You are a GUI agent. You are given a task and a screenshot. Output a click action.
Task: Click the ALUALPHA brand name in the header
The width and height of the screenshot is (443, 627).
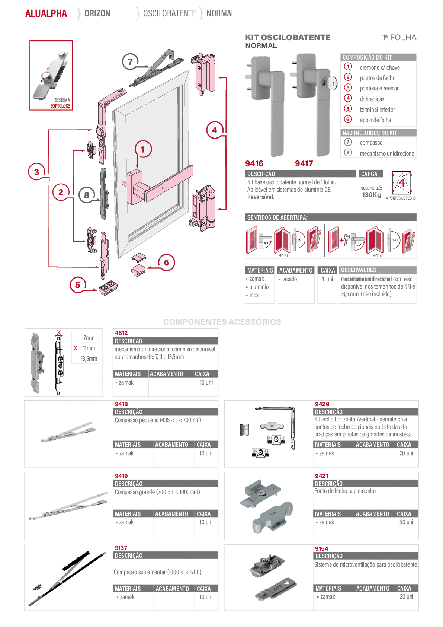coord(46,13)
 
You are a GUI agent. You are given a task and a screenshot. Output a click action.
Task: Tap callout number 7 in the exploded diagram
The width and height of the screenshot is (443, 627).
coord(130,61)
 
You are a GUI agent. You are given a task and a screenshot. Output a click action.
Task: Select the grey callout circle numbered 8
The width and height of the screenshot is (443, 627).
coord(87,195)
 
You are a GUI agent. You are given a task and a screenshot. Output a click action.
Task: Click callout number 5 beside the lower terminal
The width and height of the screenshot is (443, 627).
coord(78,285)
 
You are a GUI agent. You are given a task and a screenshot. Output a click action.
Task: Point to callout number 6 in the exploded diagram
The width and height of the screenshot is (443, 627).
coord(167,262)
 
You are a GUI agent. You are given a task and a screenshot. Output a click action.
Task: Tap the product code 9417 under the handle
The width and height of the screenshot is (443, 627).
coord(304,163)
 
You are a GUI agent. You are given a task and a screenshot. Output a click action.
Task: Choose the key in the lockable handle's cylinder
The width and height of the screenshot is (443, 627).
coord(333,82)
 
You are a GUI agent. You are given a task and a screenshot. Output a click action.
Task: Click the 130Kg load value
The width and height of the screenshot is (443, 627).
coord(372,195)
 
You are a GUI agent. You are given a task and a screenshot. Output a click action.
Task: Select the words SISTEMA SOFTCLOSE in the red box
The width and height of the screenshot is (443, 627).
coord(60,103)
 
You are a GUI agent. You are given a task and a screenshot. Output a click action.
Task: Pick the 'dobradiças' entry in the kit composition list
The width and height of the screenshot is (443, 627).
coord(372,99)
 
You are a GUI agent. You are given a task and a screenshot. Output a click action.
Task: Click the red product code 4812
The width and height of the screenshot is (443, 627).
coord(121,333)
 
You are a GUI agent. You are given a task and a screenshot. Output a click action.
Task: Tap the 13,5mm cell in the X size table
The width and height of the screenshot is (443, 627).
coord(89,359)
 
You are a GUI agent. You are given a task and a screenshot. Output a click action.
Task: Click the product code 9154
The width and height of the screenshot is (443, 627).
coord(321,549)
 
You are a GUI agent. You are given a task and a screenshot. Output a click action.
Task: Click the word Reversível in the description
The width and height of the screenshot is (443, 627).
coord(261,197)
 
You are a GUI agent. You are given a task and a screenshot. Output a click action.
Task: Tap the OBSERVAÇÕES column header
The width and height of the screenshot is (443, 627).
coord(358,270)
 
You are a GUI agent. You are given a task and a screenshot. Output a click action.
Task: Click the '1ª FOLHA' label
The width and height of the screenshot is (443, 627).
coord(399,38)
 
